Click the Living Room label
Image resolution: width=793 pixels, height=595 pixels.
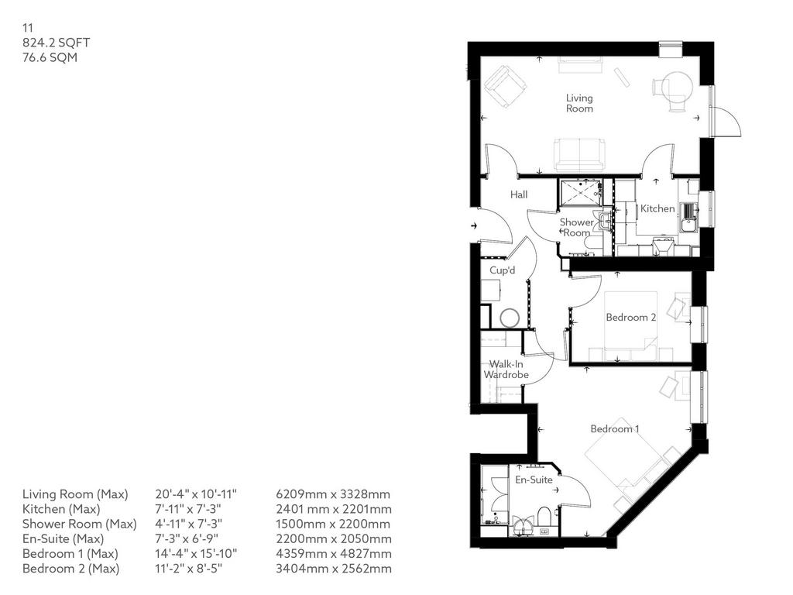pos(579,103)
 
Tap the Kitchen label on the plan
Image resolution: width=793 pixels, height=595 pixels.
pos(657,208)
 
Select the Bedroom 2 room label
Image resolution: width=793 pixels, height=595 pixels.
pos(631,317)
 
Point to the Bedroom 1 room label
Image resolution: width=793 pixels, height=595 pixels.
pos(615,429)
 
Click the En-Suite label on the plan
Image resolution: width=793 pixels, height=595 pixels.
pos(534,480)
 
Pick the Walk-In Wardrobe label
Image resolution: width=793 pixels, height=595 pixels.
pos(506,370)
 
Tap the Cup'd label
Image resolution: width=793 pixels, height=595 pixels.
pos(502,270)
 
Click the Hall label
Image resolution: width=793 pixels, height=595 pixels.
pos(519,194)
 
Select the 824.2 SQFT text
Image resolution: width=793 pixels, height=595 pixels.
pos(56,43)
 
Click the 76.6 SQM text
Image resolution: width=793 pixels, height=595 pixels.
pos(50,57)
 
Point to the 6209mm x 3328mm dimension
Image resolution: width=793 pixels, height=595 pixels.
pos(333,494)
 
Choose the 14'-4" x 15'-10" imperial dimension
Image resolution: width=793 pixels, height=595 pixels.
pos(196,553)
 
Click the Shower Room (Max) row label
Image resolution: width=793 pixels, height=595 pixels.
pos(80,524)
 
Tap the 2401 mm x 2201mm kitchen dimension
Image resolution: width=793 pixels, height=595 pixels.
pos(333,509)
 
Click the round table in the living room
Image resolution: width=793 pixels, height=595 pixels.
pos(677,85)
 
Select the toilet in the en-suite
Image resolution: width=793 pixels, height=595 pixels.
pos(544,517)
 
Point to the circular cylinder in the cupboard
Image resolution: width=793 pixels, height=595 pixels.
pos(510,318)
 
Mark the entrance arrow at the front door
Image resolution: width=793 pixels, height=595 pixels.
pos(475,225)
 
